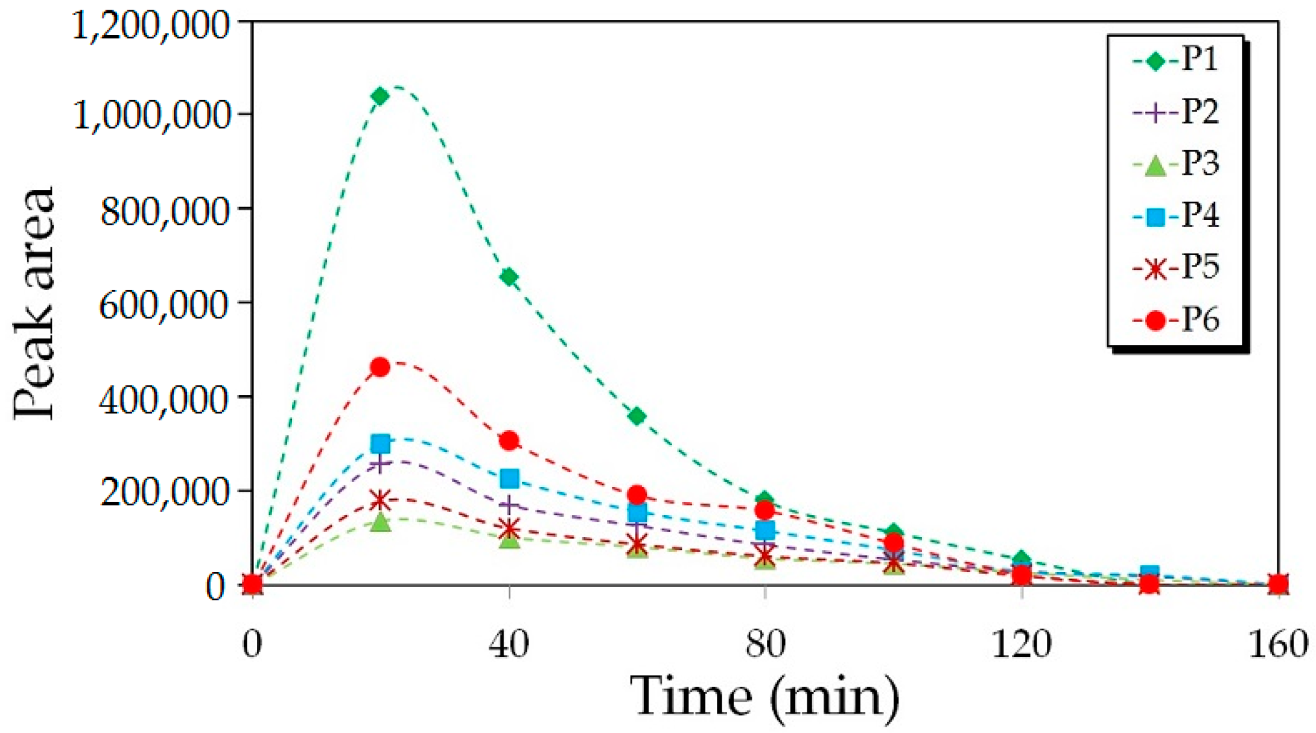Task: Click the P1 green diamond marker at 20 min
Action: click(380, 96)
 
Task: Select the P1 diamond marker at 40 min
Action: click(509, 277)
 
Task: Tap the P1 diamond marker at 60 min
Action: click(637, 416)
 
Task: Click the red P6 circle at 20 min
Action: click(380, 367)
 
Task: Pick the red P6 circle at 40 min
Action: click(509, 441)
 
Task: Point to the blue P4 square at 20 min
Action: click(380, 444)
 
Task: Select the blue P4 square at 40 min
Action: click(510, 479)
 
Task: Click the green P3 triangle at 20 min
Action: click(380, 522)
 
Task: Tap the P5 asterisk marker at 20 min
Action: click(380, 500)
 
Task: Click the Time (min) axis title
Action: click(764, 697)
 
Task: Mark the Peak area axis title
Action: click(35, 303)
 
